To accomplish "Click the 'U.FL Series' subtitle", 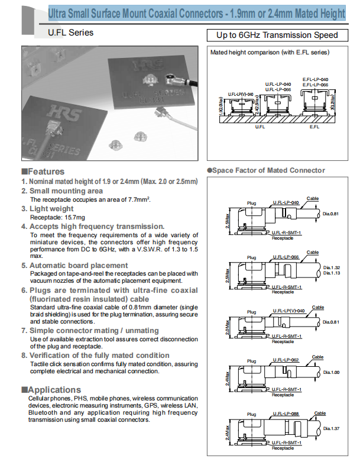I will (x=70, y=33).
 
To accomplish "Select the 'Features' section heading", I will (x=47, y=172).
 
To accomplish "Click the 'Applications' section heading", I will (x=54, y=390).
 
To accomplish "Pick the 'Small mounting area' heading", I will (x=66, y=191).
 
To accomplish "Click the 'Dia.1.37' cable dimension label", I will (x=333, y=427).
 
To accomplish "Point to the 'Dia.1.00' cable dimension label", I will (x=333, y=372).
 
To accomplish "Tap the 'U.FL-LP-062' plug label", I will (x=286, y=359).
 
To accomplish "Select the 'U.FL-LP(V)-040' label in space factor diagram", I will (x=288, y=311).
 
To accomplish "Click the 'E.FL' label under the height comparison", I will (x=314, y=127).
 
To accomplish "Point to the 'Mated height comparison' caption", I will (x=270, y=53).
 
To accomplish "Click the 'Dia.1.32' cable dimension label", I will (x=333, y=267).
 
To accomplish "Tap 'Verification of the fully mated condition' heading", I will (x=99, y=355).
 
